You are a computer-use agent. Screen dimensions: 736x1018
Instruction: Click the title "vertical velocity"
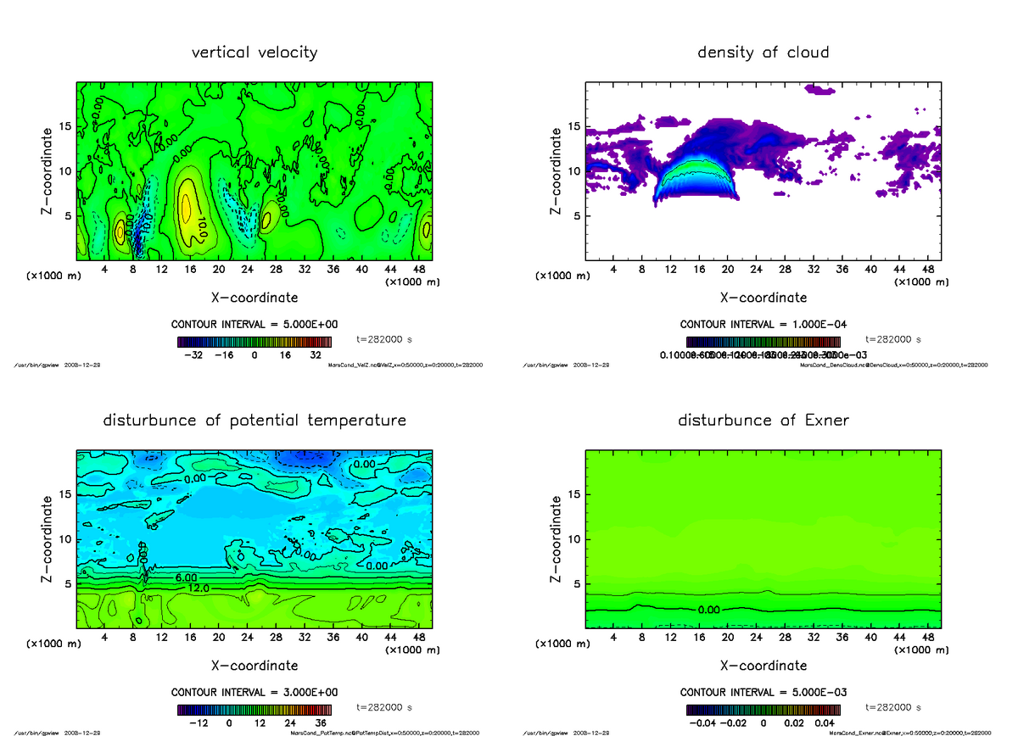[x=255, y=53]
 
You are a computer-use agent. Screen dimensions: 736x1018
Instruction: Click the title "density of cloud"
[x=763, y=53]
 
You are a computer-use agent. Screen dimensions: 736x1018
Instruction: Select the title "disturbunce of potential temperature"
[x=255, y=421]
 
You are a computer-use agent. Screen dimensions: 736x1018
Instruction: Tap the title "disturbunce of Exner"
[x=763, y=421]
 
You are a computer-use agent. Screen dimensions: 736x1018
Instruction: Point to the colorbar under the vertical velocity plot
[x=255, y=342]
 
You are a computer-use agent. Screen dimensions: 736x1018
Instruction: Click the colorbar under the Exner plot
[x=763, y=710]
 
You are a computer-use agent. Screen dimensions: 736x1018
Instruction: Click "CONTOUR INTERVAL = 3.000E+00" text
[x=255, y=692]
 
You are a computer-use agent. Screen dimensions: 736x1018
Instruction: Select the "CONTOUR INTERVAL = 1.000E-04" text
[x=763, y=324]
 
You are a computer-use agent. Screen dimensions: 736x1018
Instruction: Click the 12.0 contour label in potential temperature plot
[x=198, y=588]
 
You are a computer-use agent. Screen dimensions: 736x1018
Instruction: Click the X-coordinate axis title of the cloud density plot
[x=763, y=298]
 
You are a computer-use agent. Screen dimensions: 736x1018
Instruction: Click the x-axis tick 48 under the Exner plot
[x=928, y=638]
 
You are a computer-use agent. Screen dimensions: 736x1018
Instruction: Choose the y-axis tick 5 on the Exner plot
[x=576, y=583]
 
